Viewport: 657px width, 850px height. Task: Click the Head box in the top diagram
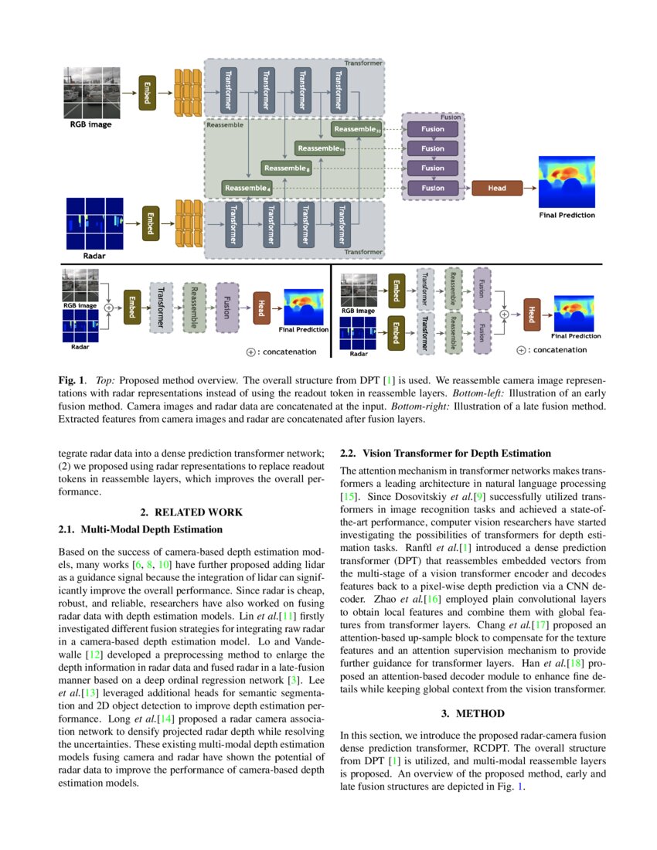[497, 188]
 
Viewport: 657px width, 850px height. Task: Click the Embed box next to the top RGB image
[147, 93]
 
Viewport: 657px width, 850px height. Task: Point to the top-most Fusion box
[433, 129]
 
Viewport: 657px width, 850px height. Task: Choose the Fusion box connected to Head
[433, 188]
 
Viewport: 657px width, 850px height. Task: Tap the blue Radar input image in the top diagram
[95, 222]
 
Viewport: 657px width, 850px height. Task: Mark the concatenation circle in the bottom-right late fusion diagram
[505, 314]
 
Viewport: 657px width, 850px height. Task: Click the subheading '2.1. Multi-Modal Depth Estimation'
[141, 529]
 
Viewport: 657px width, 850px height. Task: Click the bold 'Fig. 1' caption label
[72, 381]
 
